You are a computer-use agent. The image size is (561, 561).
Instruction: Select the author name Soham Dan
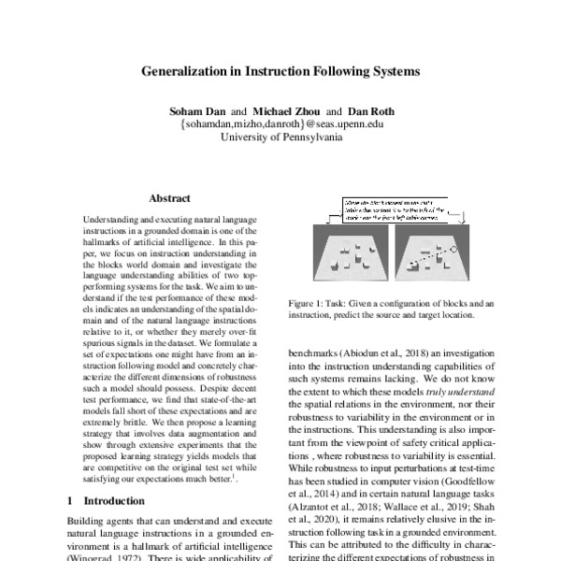click(x=186, y=109)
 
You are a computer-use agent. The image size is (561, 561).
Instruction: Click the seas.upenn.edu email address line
click(x=280, y=123)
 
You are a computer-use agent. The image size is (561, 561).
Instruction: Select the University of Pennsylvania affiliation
click(x=280, y=137)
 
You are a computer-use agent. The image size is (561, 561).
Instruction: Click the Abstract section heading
click(x=169, y=198)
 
